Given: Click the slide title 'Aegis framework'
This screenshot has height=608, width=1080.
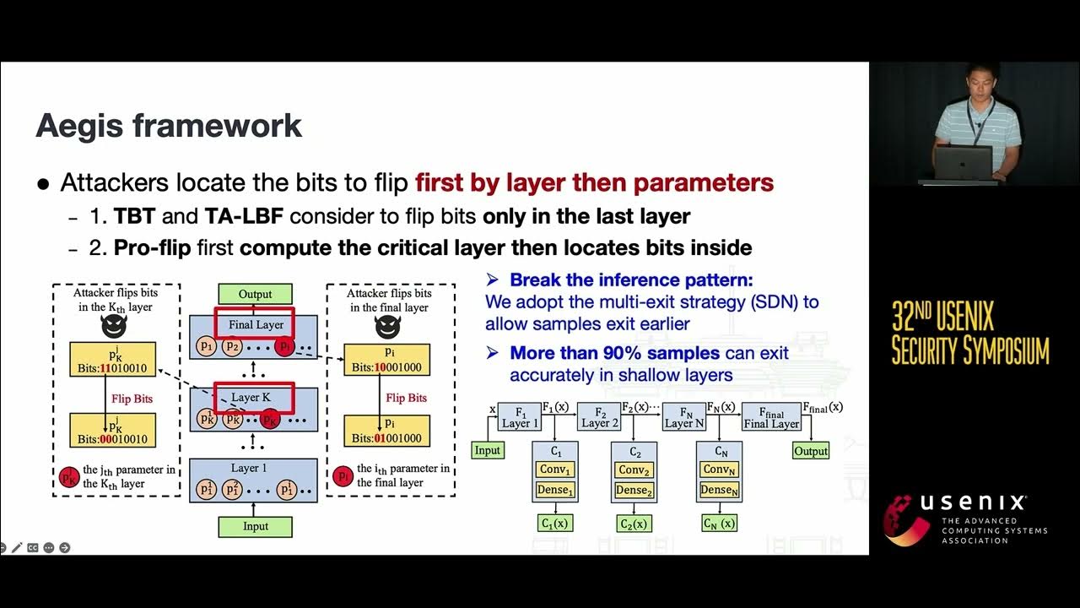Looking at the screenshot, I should click(169, 126).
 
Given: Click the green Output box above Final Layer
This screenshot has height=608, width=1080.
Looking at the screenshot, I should click(255, 294).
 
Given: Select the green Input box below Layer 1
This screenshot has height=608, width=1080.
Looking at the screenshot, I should click(255, 526).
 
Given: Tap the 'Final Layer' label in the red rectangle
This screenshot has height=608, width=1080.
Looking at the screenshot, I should click(256, 324).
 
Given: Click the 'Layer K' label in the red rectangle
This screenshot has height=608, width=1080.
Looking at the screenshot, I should click(251, 398).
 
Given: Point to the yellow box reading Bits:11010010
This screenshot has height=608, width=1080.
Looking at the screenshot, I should click(113, 359).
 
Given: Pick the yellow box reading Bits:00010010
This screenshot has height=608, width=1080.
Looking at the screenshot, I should click(113, 431).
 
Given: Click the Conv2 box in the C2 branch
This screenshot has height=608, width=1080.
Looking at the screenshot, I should click(634, 470).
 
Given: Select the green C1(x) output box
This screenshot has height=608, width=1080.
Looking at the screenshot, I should click(555, 524).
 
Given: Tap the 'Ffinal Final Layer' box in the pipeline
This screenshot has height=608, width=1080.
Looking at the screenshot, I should click(771, 416).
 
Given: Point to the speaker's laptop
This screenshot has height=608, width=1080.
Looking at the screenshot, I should click(963, 163).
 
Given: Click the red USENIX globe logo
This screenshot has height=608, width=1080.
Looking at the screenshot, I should click(906, 519).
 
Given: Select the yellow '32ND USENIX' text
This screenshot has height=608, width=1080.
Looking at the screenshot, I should click(942, 318).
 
